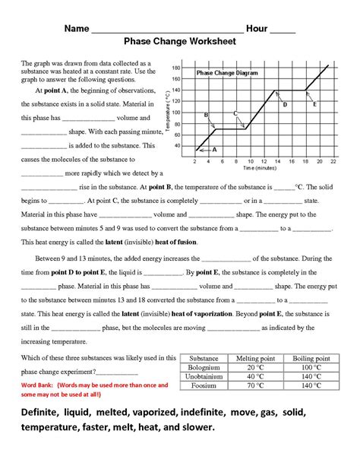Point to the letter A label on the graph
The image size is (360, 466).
click(215, 150)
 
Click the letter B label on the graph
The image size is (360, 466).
click(206, 114)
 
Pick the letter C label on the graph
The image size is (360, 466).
click(235, 113)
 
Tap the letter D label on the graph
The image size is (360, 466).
click(285, 104)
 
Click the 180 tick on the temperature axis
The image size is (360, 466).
click(175, 68)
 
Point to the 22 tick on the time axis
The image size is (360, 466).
click(333, 162)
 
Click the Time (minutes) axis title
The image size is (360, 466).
click(255, 168)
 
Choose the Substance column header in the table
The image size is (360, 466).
click(204, 357)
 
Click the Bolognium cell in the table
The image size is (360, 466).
click(204, 367)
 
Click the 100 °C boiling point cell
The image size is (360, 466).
click(311, 367)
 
